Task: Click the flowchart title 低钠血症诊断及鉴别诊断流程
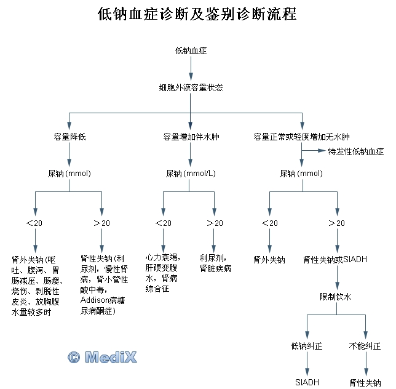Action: (197, 15)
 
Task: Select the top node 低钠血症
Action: (191, 50)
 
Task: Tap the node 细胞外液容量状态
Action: (191, 87)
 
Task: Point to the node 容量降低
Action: (69, 136)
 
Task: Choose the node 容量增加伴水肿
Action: (191, 136)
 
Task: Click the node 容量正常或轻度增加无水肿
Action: (301, 136)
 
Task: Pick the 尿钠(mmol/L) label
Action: (191, 174)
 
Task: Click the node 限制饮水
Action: (336, 297)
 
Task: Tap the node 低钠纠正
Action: (306, 346)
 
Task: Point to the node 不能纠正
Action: (365, 346)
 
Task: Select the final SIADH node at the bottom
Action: (306, 382)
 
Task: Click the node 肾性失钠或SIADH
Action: (335, 260)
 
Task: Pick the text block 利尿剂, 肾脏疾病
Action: (215, 263)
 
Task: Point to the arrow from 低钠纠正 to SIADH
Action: (306, 364)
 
